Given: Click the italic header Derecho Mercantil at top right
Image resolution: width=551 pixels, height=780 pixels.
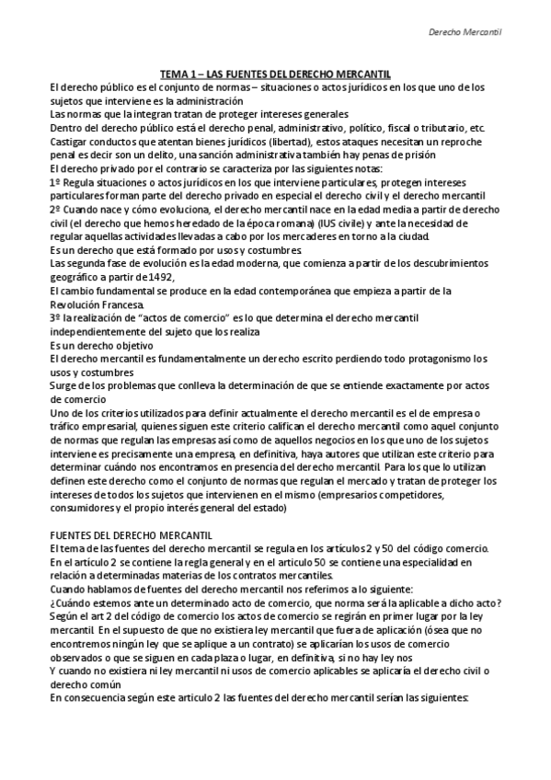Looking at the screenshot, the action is click(470, 33).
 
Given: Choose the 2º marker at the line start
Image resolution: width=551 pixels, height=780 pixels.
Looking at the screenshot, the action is click(56, 209).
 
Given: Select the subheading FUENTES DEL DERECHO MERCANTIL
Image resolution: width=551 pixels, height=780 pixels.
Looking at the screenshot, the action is click(132, 535).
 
